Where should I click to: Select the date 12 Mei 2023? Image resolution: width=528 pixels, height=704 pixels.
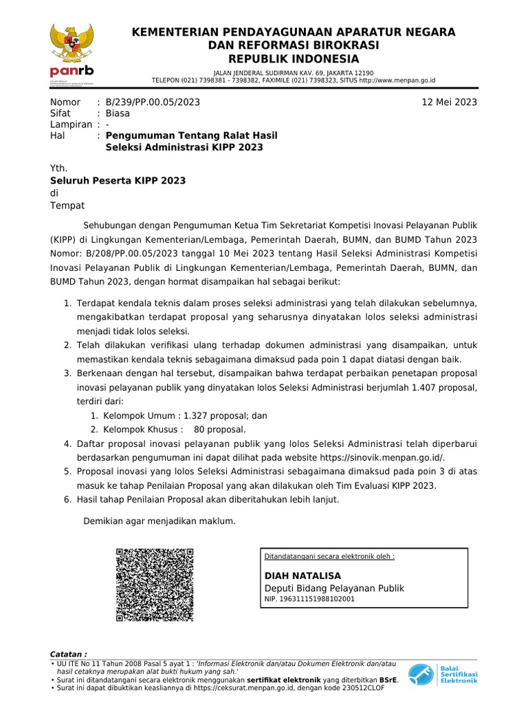pyautogui.click(x=449, y=102)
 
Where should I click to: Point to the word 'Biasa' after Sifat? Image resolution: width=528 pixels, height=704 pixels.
pyautogui.click(x=118, y=113)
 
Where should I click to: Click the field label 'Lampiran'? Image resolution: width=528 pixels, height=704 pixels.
pyautogui.click(x=71, y=124)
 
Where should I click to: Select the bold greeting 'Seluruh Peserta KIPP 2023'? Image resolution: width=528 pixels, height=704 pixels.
pyautogui.click(x=118, y=181)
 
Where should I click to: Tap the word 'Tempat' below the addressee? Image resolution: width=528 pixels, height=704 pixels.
pyautogui.click(x=67, y=206)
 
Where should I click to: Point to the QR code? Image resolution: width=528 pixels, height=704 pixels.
pyautogui.click(x=155, y=585)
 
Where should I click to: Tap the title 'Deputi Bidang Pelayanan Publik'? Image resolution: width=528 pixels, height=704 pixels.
pyautogui.click(x=334, y=588)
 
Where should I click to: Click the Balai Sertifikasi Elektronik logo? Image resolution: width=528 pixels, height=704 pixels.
pyautogui.click(x=442, y=674)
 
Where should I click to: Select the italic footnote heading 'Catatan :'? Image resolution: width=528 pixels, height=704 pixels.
pyautogui.click(x=69, y=654)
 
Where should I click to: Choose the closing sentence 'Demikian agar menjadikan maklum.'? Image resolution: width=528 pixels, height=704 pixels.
pyautogui.click(x=159, y=521)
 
